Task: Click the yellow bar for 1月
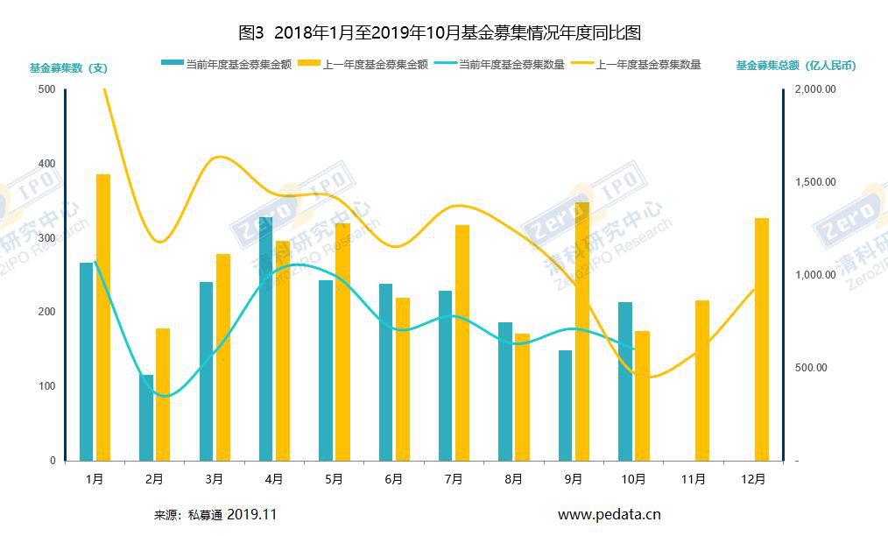click(x=103, y=317)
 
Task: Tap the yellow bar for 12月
click(x=762, y=339)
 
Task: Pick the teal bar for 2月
click(x=146, y=417)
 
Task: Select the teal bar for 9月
click(x=565, y=405)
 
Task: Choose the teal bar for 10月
click(x=625, y=381)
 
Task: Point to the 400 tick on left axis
click(x=46, y=164)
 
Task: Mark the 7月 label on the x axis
click(x=454, y=479)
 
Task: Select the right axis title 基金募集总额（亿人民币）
click(x=795, y=66)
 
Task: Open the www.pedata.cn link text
click(x=609, y=515)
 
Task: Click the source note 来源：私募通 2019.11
click(x=215, y=515)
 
